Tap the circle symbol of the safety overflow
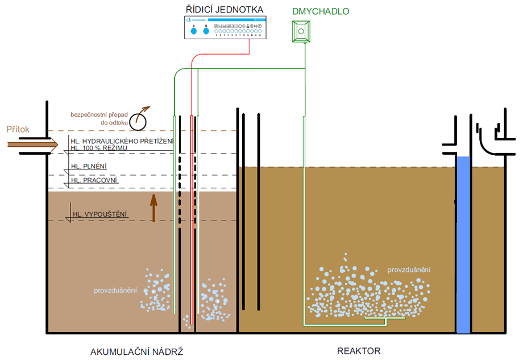click(138, 121)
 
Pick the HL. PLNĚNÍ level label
click(89, 166)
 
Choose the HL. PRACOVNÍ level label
click(94, 180)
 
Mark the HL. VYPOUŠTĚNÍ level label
click(99, 214)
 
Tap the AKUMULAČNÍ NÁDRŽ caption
click(136, 350)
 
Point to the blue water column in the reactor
click(463, 245)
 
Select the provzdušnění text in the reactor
click(409, 270)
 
